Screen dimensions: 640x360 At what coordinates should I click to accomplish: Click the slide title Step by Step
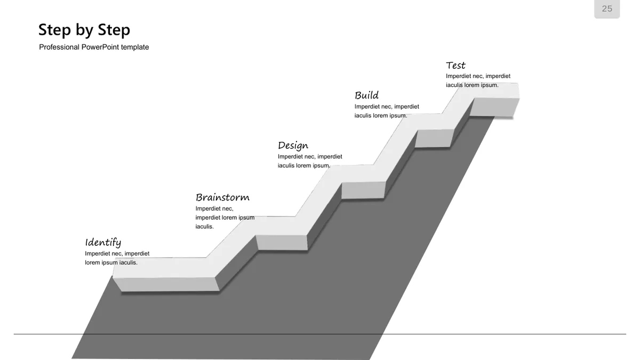(x=84, y=30)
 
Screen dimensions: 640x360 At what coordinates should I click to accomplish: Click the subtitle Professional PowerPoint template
(x=94, y=47)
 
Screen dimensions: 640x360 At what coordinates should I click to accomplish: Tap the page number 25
(x=607, y=9)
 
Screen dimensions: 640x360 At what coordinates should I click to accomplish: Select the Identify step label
(x=103, y=243)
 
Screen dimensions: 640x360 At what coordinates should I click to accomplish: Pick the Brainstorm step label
(x=222, y=197)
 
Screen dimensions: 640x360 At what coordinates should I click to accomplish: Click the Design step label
(x=293, y=146)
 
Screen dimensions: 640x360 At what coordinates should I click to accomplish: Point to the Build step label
(x=366, y=95)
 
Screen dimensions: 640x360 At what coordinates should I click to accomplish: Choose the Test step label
(x=455, y=66)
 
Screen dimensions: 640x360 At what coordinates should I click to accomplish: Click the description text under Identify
(x=117, y=258)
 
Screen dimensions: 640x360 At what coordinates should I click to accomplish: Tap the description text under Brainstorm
(x=225, y=218)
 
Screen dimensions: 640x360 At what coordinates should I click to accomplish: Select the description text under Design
(x=310, y=161)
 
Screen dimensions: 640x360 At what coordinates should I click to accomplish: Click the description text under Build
(x=387, y=111)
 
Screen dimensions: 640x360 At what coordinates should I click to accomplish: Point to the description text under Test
(x=478, y=81)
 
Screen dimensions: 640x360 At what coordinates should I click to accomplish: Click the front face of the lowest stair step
(x=166, y=285)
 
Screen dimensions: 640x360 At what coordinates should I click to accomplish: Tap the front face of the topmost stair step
(x=494, y=107)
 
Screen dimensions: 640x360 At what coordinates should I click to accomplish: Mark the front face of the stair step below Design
(x=363, y=190)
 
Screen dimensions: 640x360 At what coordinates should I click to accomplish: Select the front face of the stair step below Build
(x=434, y=138)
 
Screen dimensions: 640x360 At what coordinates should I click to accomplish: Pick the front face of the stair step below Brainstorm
(x=282, y=243)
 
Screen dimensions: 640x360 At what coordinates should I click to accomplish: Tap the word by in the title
(x=84, y=30)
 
